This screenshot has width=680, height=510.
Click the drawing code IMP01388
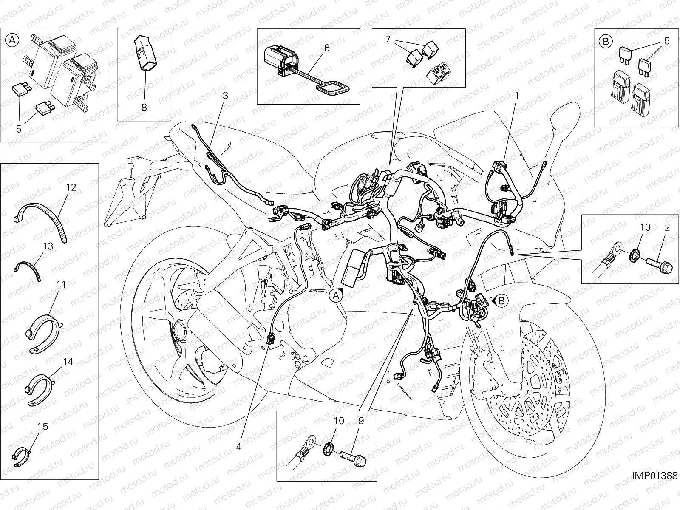[654, 476]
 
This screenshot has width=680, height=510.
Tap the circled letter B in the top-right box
[605, 41]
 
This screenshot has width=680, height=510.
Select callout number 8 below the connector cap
[144, 107]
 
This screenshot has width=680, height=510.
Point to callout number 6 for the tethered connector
[326, 48]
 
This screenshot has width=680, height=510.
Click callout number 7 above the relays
[387, 40]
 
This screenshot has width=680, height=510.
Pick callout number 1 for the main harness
[517, 96]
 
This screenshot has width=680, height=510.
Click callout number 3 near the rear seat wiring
[225, 96]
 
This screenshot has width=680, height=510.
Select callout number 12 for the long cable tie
[71, 187]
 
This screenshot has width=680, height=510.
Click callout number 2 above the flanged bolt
[667, 227]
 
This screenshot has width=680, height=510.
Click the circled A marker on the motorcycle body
[336, 295]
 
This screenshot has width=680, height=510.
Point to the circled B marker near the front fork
[502, 301]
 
